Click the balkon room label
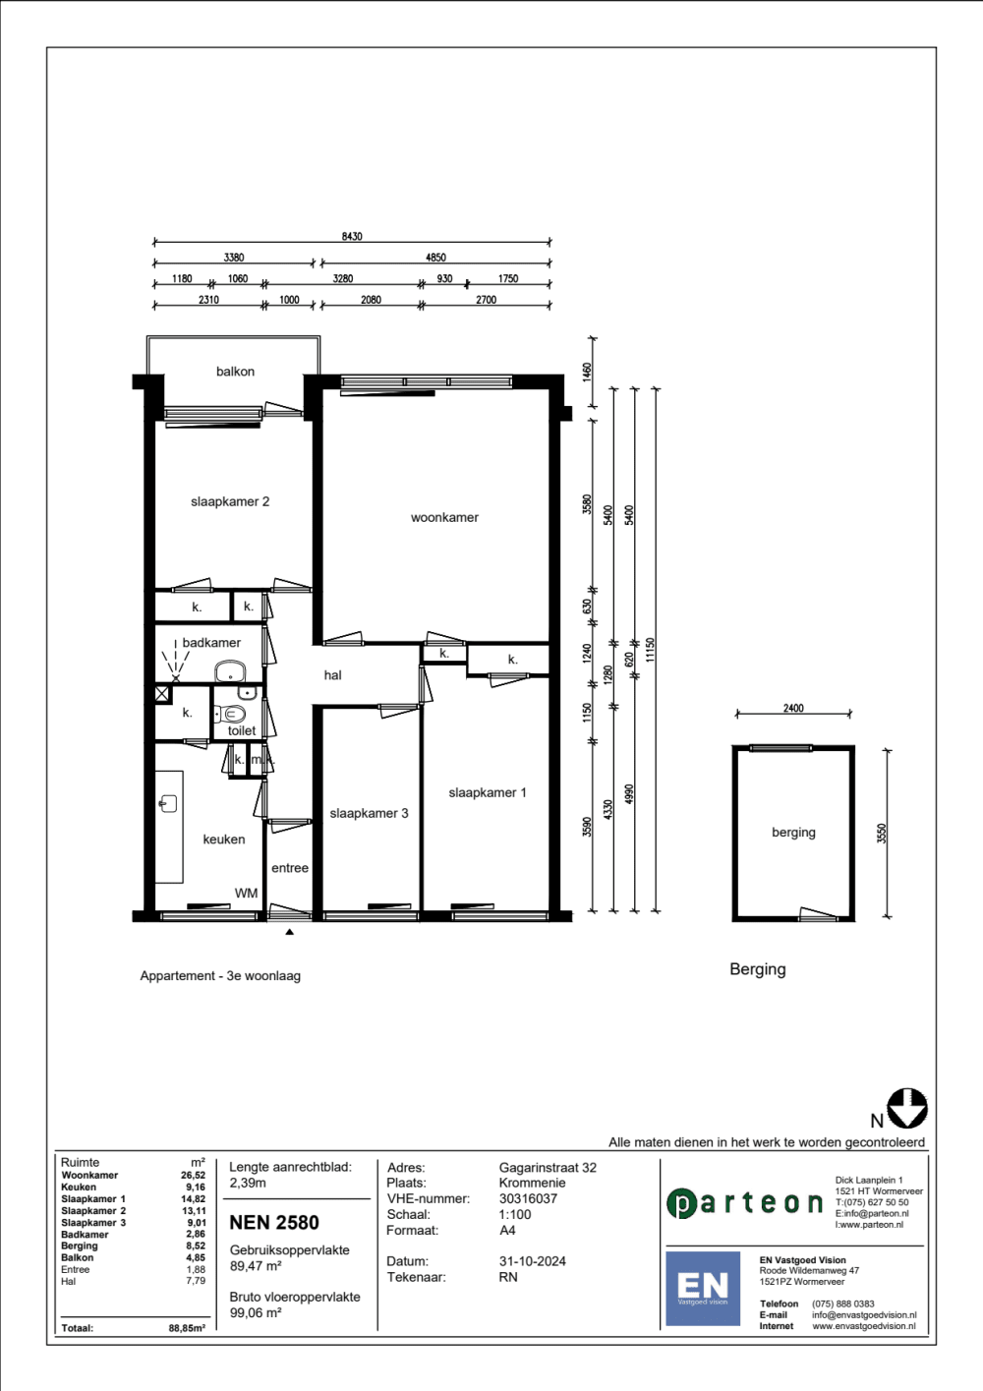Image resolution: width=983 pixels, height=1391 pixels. pyautogui.click(x=235, y=372)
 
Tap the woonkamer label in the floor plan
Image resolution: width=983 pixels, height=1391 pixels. pyautogui.click(x=444, y=517)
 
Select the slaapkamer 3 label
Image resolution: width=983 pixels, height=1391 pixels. pyautogui.click(x=369, y=813)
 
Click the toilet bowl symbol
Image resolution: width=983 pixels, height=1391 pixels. pyautogui.click(x=231, y=714)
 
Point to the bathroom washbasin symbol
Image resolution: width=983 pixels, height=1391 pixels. pyautogui.click(x=230, y=671)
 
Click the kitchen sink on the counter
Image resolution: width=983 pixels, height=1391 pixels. pyautogui.click(x=168, y=803)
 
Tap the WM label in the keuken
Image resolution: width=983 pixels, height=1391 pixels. pyautogui.click(x=246, y=893)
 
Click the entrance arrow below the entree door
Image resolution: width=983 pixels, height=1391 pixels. pyautogui.click(x=289, y=932)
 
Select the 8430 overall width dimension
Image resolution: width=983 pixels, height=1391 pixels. pyautogui.click(x=352, y=237)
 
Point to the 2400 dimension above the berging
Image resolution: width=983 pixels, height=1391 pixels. pyautogui.click(x=793, y=708)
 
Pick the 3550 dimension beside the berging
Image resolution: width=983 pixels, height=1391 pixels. pyautogui.click(x=882, y=833)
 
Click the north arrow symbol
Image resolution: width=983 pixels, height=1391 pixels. pyautogui.click(x=907, y=1108)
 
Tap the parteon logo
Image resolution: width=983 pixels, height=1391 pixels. pyautogui.click(x=744, y=1203)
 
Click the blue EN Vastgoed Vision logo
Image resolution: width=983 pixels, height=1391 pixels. pyautogui.click(x=703, y=1288)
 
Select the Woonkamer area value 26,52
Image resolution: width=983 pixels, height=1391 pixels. pyautogui.click(x=193, y=1175)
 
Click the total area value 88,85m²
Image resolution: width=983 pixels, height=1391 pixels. pyautogui.click(x=187, y=1328)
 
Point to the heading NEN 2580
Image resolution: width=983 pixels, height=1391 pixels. pyautogui.click(x=274, y=1222)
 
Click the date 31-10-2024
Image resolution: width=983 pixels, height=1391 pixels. pyautogui.click(x=532, y=1261)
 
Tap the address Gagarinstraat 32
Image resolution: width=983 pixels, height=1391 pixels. pyautogui.click(x=548, y=1168)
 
